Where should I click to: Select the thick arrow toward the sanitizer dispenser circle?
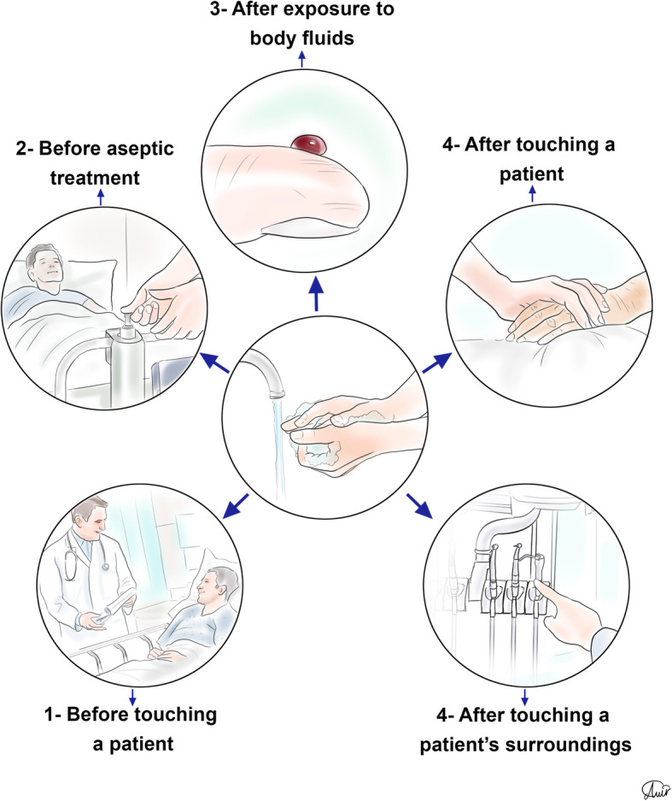coord(213,362)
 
